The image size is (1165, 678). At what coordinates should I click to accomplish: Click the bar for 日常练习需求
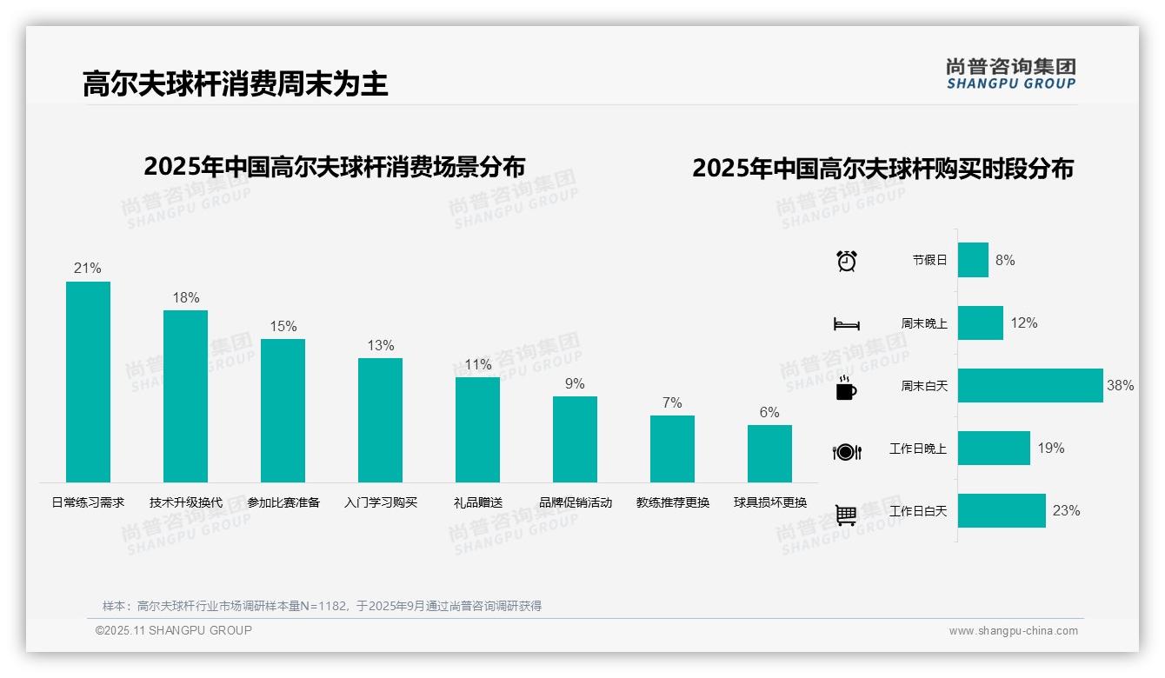coord(88,382)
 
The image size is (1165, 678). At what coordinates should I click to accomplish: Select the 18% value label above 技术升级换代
coord(185,297)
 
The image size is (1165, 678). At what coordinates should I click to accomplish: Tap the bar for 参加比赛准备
coord(283,410)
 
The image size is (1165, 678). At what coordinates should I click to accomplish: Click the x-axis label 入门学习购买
coord(381,502)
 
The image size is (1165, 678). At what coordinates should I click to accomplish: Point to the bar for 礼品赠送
coord(477,429)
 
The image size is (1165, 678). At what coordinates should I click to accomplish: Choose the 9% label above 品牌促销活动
coord(575,383)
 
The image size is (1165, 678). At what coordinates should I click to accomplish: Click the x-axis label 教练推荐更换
coord(673,502)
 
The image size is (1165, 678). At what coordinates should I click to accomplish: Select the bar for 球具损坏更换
coord(769,453)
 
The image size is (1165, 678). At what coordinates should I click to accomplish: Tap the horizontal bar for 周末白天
coord(1030,385)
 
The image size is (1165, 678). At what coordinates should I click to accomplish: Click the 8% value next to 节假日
coord(1005,260)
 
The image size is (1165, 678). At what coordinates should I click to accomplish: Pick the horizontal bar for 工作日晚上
coord(994,449)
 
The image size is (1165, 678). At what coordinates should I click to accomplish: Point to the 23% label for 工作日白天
coord(1066,511)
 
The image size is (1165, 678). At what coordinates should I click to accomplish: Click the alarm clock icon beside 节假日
coord(847,261)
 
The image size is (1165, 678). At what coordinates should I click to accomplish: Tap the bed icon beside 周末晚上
coord(847,324)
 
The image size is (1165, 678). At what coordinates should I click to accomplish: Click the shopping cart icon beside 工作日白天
coord(846,515)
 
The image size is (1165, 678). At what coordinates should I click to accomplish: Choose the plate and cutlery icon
coord(847,451)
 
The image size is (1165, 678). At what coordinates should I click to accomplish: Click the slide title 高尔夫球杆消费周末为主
coord(235,83)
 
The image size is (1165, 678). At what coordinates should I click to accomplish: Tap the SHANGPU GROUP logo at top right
coord(1011,74)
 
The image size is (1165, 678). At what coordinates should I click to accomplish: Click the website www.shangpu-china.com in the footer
coord(1013,631)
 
